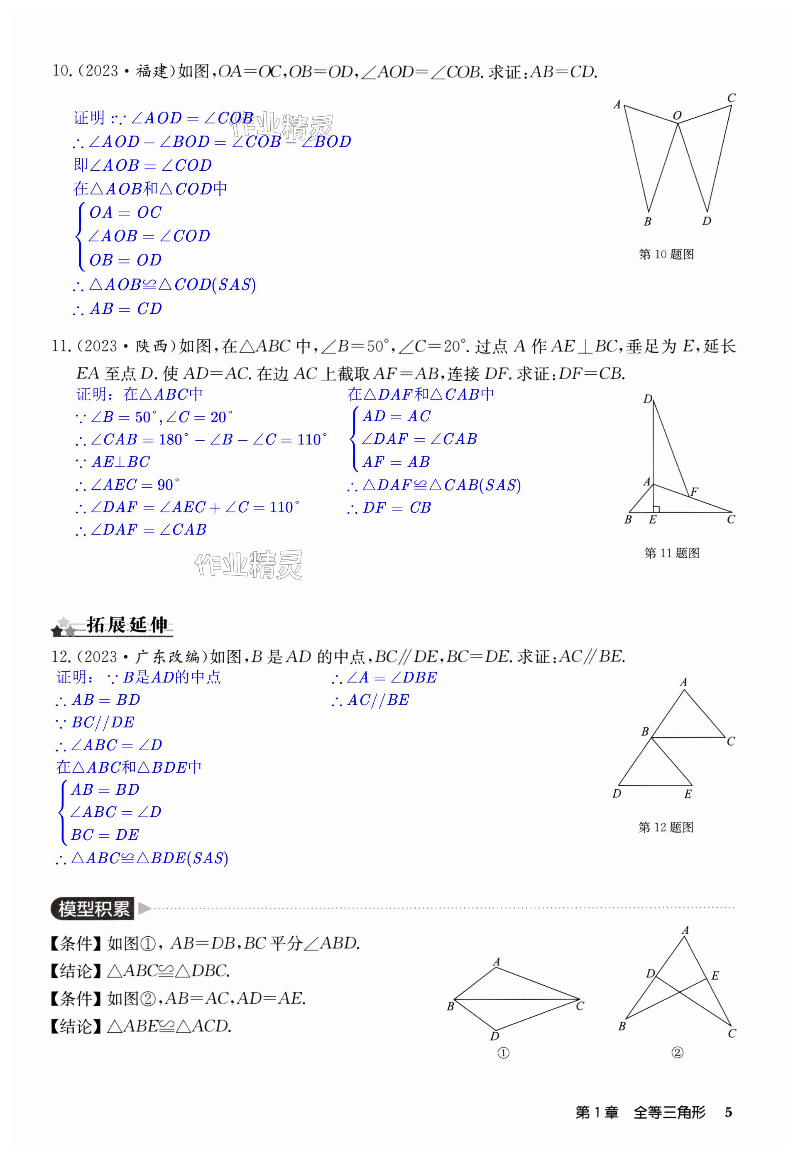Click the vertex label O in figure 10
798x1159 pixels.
[677, 115]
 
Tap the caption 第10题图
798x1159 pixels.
[666, 254]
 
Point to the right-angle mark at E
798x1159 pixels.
[656, 509]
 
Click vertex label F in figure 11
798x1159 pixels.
[694, 492]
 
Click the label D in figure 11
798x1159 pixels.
[648, 399]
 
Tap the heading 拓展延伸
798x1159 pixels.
[127, 625]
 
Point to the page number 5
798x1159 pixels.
[729, 1112]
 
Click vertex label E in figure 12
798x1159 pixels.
[688, 794]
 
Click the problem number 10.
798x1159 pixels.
[61, 71]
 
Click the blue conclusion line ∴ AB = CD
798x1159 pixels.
[118, 309]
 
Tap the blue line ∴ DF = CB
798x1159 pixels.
[389, 508]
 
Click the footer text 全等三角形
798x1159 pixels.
[670, 1112]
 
